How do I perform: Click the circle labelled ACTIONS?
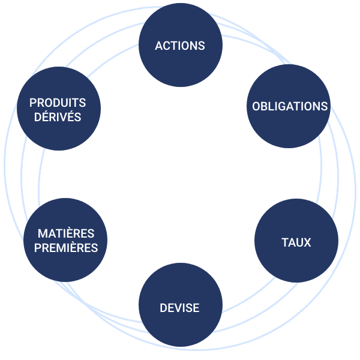click(180, 46)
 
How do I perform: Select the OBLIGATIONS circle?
click(289, 107)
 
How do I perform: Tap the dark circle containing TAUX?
click(296, 242)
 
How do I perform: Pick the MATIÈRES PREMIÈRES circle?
click(65, 240)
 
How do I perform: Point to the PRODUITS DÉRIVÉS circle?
click(59, 109)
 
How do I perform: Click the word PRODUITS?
click(58, 103)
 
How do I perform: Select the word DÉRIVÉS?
click(58, 117)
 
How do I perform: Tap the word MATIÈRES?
click(65, 233)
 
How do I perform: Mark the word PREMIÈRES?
click(66, 248)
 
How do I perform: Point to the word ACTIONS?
click(180, 46)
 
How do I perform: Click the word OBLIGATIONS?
click(290, 107)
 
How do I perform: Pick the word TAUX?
click(296, 243)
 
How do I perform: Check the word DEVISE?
click(179, 308)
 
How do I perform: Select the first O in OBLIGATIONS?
click(256, 107)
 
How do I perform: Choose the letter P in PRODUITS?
click(33, 103)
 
